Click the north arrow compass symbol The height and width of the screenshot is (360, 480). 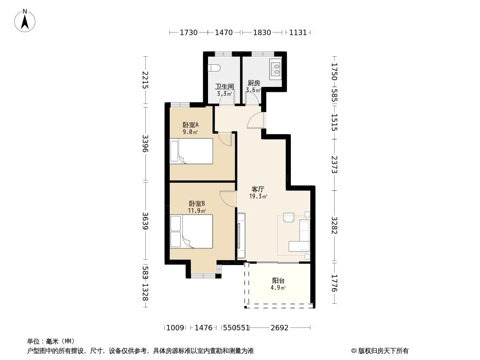click(25, 21)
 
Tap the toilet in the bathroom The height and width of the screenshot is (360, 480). click(214, 68)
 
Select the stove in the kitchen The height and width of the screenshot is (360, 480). click(276, 69)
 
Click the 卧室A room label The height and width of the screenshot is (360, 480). click(190, 125)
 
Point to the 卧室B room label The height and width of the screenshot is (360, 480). click(197, 203)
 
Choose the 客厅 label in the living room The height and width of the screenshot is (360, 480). click(258, 189)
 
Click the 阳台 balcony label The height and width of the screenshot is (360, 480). click(278, 280)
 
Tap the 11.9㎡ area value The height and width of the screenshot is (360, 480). click(197, 211)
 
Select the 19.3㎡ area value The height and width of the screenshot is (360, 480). click(258, 196)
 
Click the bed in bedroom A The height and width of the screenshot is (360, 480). click(191, 151)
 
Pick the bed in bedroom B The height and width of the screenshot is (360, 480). click(191, 231)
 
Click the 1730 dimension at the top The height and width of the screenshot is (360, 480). click(189, 32)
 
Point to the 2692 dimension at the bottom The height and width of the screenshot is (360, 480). click(280, 328)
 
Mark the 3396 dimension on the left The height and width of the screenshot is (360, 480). click(145, 144)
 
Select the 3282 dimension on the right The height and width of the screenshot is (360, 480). click(334, 225)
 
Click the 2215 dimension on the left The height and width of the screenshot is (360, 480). click(145, 80)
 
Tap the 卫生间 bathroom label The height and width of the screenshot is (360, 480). click(224, 86)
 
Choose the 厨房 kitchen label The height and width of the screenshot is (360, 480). click(254, 83)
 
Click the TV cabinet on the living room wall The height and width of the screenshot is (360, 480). click(241, 235)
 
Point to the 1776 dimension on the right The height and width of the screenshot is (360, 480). click(334, 283)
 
